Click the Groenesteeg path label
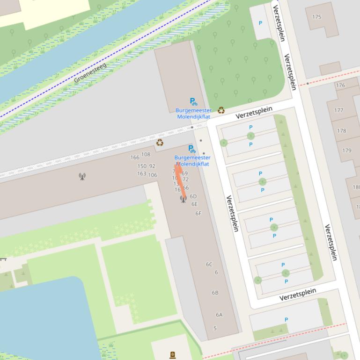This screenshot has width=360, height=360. click(x=90, y=73)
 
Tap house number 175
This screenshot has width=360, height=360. click(x=316, y=17)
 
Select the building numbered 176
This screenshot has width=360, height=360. click(x=340, y=86)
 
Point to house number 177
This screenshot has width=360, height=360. click(x=338, y=110)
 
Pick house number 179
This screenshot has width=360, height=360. click(x=346, y=151)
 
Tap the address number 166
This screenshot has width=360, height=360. click(x=135, y=158)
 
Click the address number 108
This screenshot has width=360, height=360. click(x=146, y=154)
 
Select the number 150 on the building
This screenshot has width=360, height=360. click(x=142, y=166)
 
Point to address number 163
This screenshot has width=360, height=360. click(x=141, y=173)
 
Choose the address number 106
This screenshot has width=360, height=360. click(x=153, y=175)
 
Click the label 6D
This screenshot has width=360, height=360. click(x=193, y=196)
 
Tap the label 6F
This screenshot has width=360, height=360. click(x=198, y=213)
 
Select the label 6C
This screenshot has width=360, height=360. click(x=209, y=264)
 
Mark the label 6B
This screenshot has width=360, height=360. click(x=215, y=293)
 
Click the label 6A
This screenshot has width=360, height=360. click(x=219, y=315)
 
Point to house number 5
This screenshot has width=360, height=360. click(x=215, y=328)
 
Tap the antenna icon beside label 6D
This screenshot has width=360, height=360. click(x=183, y=199)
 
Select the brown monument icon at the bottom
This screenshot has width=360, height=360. click(x=173, y=355)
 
